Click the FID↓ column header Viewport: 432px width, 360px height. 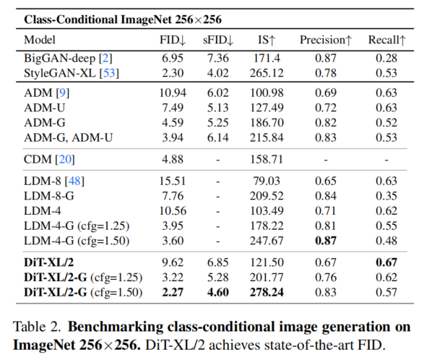click(x=172, y=40)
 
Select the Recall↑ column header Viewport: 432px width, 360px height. click(x=386, y=40)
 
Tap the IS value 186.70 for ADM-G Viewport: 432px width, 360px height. click(x=264, y=122)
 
